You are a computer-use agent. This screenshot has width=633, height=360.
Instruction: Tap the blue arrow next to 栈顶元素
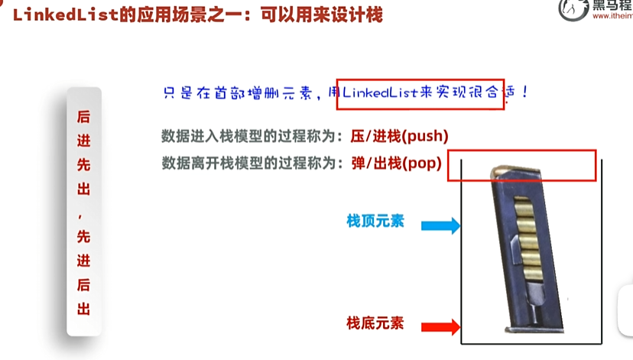pos(442,225)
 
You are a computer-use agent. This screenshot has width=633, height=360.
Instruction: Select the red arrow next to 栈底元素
pos(442,327)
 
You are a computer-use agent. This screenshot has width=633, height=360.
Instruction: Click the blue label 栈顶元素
pos(375,222)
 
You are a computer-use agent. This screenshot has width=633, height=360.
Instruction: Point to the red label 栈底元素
pos(375,323)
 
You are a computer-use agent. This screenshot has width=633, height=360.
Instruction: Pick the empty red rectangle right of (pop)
pos(521,165)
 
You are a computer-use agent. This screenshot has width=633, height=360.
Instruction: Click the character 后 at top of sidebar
pos(83,118)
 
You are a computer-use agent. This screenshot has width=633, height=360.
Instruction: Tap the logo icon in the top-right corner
pos(573,10)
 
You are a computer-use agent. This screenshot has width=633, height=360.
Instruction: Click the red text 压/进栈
pos(367,137)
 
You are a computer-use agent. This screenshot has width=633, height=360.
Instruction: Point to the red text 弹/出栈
pos(367,163)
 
